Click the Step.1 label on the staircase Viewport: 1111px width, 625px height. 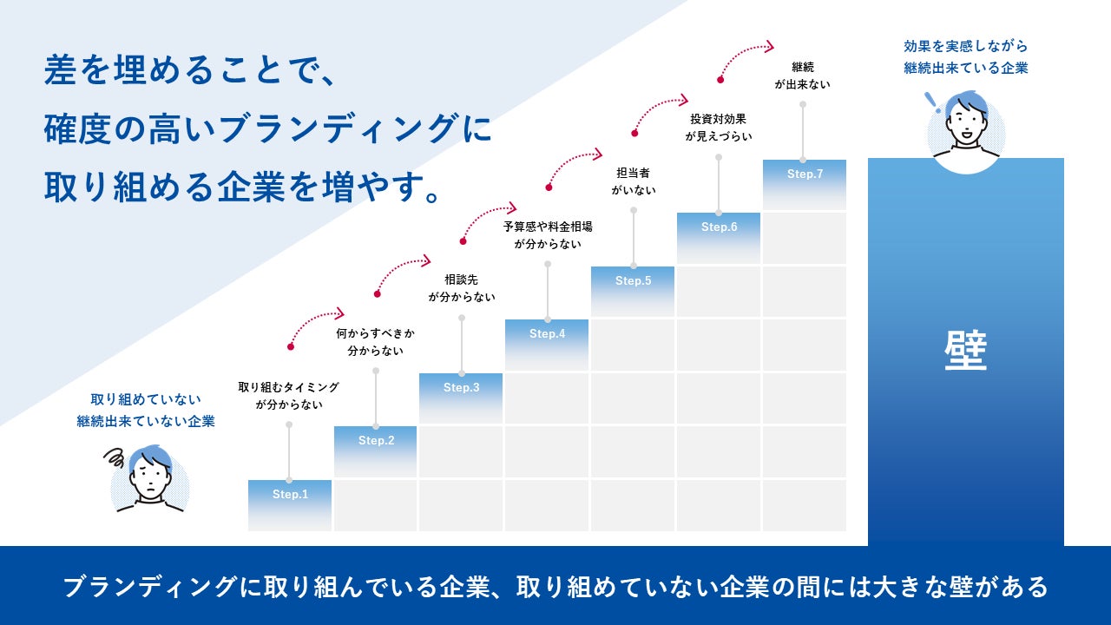tap(290, 495)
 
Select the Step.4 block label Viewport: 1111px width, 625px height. tap(547, 334)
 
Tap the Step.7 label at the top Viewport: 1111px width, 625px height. tap(805, 174)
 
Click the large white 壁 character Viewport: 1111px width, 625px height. tap(966, 352)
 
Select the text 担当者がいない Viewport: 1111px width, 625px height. tap(633, 181)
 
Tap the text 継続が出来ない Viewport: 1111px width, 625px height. tap(803, 75)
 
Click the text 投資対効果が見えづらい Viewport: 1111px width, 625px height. tap(719, 127)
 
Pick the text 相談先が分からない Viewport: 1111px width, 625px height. tap(461, 287)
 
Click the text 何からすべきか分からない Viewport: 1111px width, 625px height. tap(376, 341)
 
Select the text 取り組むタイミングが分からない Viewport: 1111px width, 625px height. tap(289, 395)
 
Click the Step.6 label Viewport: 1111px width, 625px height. tap(719, 227)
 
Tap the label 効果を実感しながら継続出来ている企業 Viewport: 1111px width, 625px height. tap(965, 56)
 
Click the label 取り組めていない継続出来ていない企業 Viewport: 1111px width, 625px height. tap(146, 410)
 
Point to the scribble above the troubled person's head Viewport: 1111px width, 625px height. tap(115, 457)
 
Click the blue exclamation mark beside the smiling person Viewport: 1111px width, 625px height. tap(932, 100)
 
